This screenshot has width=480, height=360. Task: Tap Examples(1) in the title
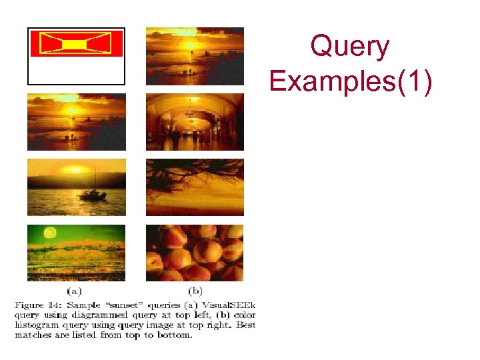(351, 82)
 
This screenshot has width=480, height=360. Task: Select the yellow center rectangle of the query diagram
(75, 44)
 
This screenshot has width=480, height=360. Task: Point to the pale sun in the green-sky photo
(49, 233)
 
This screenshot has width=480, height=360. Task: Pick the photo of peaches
(195, 253)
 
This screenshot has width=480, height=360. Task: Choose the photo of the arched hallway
(195, 122)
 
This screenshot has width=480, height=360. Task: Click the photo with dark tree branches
(195, 187)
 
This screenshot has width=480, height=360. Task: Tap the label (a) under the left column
(75, 291)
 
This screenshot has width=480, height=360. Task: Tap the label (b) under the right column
(195, 291)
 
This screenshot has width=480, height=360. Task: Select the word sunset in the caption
(111, 305)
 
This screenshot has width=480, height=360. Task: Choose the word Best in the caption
(244, 325)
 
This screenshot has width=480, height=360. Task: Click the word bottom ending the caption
(175, 335)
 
